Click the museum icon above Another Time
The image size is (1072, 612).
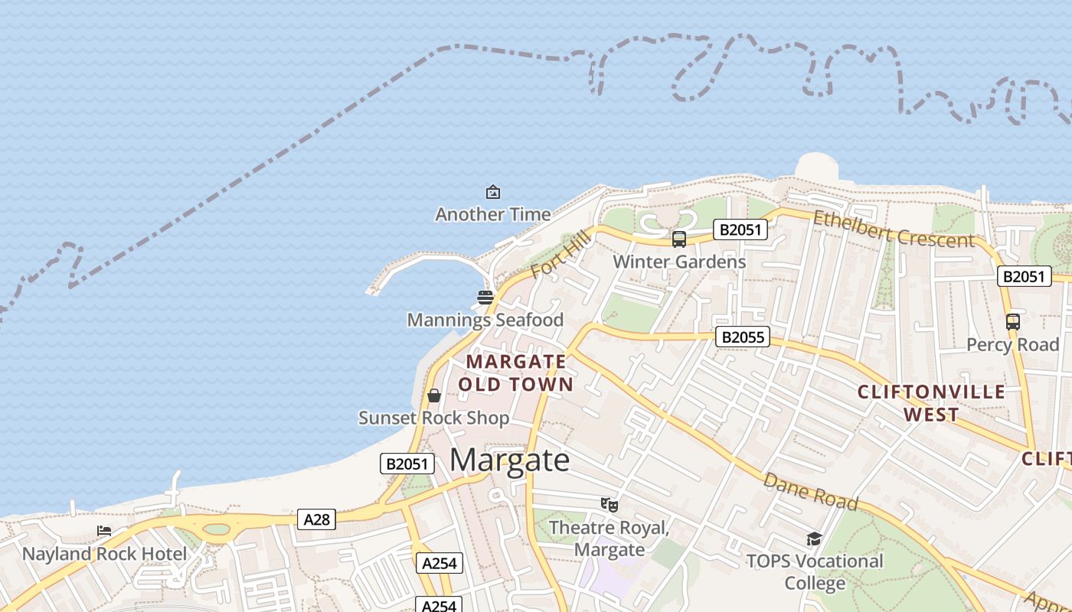coord(493,192)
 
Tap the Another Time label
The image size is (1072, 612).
coord(493,214)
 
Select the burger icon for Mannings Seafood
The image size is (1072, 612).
coord(485,298)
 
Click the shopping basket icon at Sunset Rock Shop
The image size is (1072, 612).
coord(433,396)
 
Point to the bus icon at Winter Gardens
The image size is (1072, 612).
coord(679,239)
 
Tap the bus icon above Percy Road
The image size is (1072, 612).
coord(1013,322)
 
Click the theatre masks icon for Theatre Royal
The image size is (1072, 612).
coord(610,504)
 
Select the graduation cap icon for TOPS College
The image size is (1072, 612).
coord(814,539)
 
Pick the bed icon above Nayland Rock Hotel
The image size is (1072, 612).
coord(104,531)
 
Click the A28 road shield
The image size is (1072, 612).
coord(316,520)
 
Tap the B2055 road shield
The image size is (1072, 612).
coord(742,337)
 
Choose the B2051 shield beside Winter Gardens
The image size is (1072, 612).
coord(740,229)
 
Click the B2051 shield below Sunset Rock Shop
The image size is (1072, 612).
coord(407,464)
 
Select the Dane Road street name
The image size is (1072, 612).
coord(810,491)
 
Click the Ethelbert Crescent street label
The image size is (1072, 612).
coord(894,229)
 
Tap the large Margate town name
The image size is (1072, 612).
coord(509,461)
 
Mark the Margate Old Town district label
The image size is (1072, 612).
coord(517,373)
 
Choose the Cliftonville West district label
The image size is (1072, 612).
coord(931,403)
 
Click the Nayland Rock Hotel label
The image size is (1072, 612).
coord(104,554)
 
